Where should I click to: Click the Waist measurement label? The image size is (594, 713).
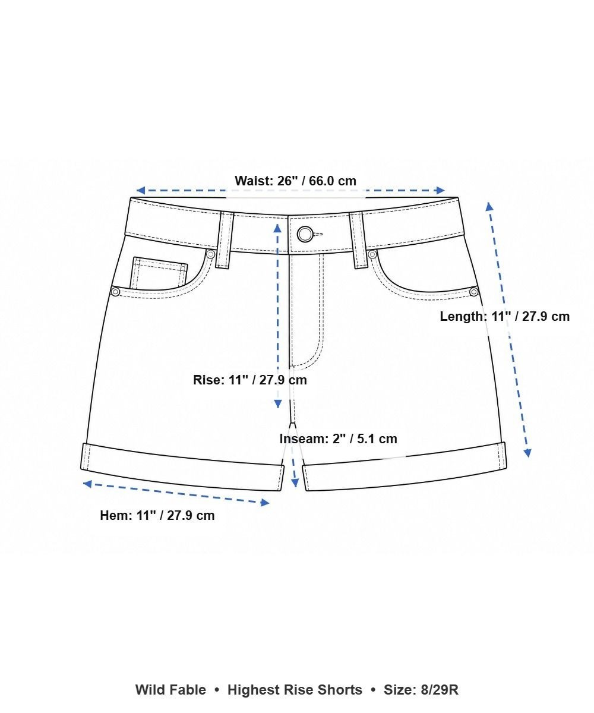[x=295, y=181]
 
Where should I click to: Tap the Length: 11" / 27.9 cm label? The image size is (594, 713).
[x=504, y=317]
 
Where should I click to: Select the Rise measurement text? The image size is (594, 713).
[x=250, y=380]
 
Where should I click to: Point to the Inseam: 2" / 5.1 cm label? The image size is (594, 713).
[x=339, y=439]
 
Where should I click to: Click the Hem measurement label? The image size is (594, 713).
[x=157, y=516]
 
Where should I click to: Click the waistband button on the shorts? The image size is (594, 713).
[x=305, y=234]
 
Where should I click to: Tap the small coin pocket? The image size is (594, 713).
[x=159, y=273]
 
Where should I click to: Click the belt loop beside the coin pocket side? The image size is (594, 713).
[x=225, y=239]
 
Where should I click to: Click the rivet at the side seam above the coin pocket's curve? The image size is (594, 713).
[x=116, y=292]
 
